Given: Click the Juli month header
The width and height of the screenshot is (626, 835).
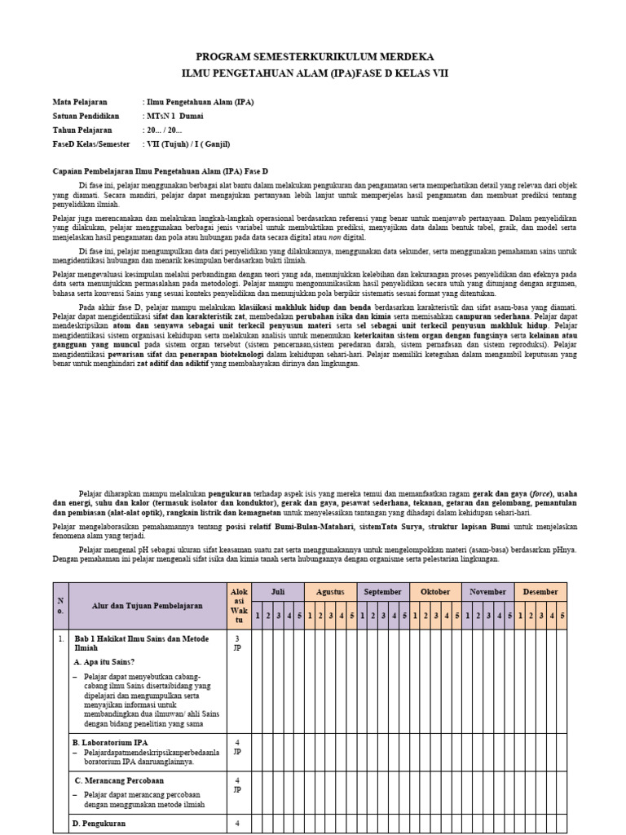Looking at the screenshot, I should pyautogui.click(x=278, y=592).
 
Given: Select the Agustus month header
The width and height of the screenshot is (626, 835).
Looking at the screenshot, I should pyautogui.click(x=330, y=592).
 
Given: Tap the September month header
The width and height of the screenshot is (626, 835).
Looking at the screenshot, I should pyautogui.click(x=383, y=592).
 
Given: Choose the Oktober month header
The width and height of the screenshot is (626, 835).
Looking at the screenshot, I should pyautogui.click(x=435, y=592).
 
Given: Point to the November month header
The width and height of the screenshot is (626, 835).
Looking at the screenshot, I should pyautogui.click(x=488, y=592).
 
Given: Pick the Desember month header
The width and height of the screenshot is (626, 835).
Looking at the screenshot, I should pyautogui.click(x=541, y=592).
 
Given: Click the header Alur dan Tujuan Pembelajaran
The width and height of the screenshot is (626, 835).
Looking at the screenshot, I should pyautogui.click(x=148, y=606).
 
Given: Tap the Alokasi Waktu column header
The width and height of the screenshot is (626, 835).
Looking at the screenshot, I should pyautogui.click(x=237, y=606).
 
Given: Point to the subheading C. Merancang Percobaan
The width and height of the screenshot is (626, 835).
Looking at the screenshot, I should pyautogui.click(x=119, y=780).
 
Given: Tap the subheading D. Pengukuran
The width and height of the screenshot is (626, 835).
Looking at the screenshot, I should pyautogui.click(x=100, y=824).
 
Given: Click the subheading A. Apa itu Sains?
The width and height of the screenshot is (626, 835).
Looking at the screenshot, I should pyautogui.click(x=105, y=661).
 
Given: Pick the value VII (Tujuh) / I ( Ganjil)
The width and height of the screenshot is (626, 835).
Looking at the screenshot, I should pyautogui.click(x=188, y=144).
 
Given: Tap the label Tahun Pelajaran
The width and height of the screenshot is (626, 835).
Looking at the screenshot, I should pyautogui.click(x=85, y=130).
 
